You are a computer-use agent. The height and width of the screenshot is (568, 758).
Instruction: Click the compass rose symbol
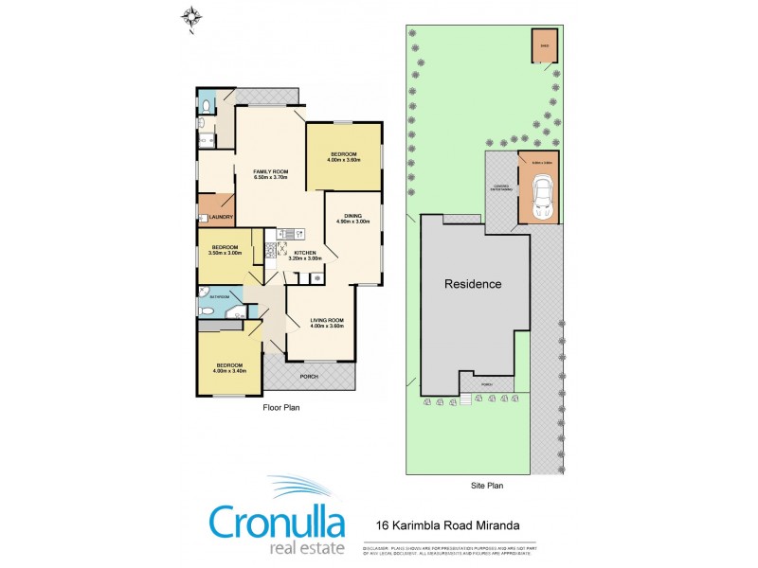pyautogui.click(x=193, y=16)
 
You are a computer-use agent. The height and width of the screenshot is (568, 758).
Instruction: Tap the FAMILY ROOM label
pyautogui.click(x=270, y=170)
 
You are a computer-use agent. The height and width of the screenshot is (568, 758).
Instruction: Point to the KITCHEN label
pyautogui.click(x=304, y=253)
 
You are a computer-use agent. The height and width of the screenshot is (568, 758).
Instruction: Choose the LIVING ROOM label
pyautogui.click(x=327, y=320)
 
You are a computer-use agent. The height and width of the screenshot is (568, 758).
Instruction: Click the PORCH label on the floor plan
pyautogui.click(x=308, y=377)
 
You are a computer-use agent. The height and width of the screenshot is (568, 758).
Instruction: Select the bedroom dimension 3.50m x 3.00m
pyautogui.click(x=226, y=253)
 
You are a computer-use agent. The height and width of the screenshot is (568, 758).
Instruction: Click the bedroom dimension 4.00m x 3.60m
pyautogui.click(x=344, y=159)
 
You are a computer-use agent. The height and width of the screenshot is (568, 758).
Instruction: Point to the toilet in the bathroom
pyautogui.click(x=208, y=309)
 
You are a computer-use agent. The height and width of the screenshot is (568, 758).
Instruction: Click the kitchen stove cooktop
pyautogui.click(x=270, y=251)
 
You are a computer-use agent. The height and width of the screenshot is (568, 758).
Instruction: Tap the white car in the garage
pyautogui.click(x=543, y=196)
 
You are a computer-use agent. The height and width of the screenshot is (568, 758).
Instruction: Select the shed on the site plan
pyautogui.click(x=544, y=45)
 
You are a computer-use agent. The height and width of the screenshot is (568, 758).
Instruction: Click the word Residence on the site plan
pyautogui.click(x=474, y=283)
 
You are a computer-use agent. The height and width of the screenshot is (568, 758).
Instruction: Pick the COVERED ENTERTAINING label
pyautogui.click(x=501, y=187)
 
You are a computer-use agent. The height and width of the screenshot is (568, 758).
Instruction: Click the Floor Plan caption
pyautogui.click(x=281, y=407)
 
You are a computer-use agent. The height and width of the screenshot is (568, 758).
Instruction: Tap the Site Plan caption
pyautogui.click(x=487, y=485)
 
